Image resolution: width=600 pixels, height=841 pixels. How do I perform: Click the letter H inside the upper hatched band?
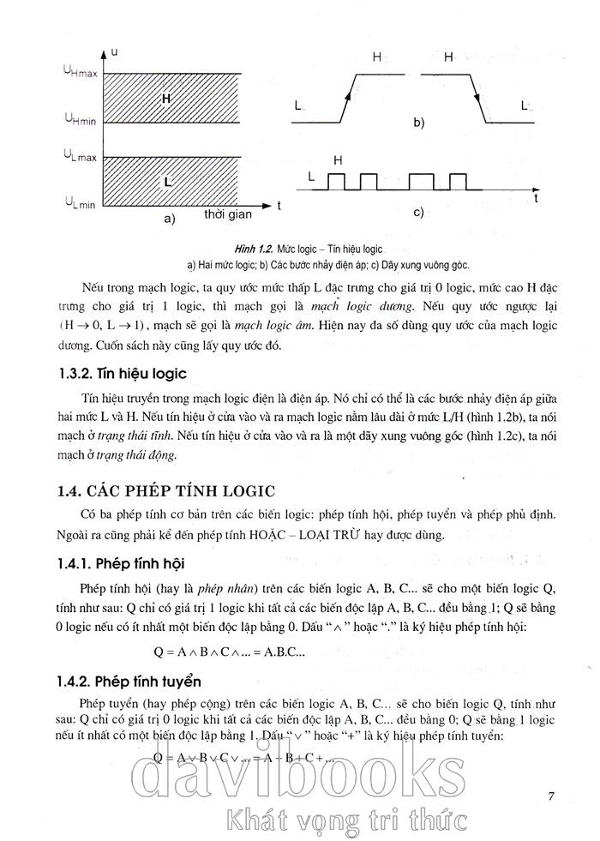point(166,99)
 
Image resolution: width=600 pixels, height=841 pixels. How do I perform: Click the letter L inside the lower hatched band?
point(168,183)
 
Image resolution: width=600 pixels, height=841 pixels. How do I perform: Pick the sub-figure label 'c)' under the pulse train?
point(419,212)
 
